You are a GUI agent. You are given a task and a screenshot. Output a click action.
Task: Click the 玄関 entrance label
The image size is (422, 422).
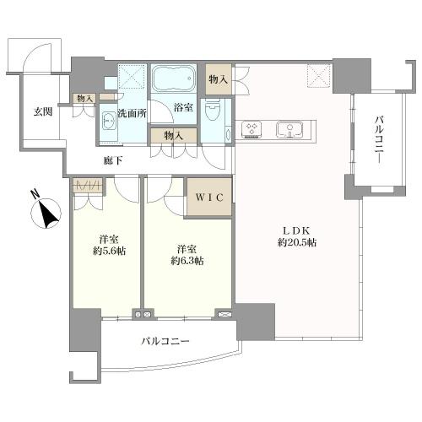pyautogui.click(x=43, y=111)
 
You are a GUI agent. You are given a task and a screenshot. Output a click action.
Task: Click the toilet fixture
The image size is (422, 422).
pyautogui.click(x=214, y=110)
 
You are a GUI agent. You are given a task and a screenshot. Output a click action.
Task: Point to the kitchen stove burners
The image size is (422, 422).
pyautogui.click(x=252, y=129)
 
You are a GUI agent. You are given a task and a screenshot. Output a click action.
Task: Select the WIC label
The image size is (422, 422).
pyautogui.click(x=208, y=198)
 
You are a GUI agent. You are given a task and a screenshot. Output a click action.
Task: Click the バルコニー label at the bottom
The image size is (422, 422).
pyautogui.click(x=165, y=342)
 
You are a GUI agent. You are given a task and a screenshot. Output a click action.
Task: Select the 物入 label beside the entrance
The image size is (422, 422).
pyautogui.click(x=84, y=99)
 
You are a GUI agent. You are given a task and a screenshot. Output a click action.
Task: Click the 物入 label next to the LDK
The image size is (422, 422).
pyautogui.click(x=218, y=78)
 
